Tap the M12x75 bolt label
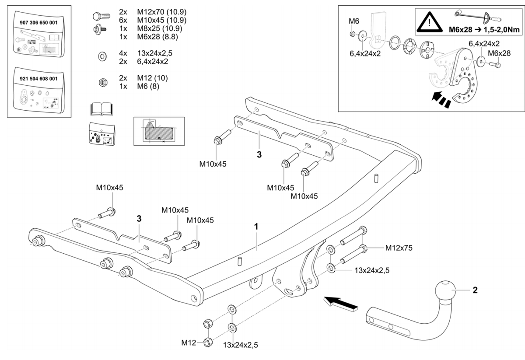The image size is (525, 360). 399,248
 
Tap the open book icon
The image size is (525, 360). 101,109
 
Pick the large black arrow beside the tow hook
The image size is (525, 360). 339,302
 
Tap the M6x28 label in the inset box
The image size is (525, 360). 499,53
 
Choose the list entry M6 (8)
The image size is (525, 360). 148,86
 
